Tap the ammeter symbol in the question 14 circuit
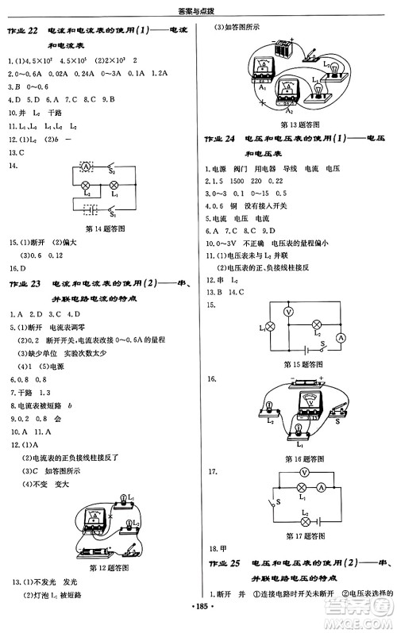87,167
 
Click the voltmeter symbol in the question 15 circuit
289,313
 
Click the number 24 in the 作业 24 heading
230,138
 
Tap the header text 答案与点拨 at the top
198,10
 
